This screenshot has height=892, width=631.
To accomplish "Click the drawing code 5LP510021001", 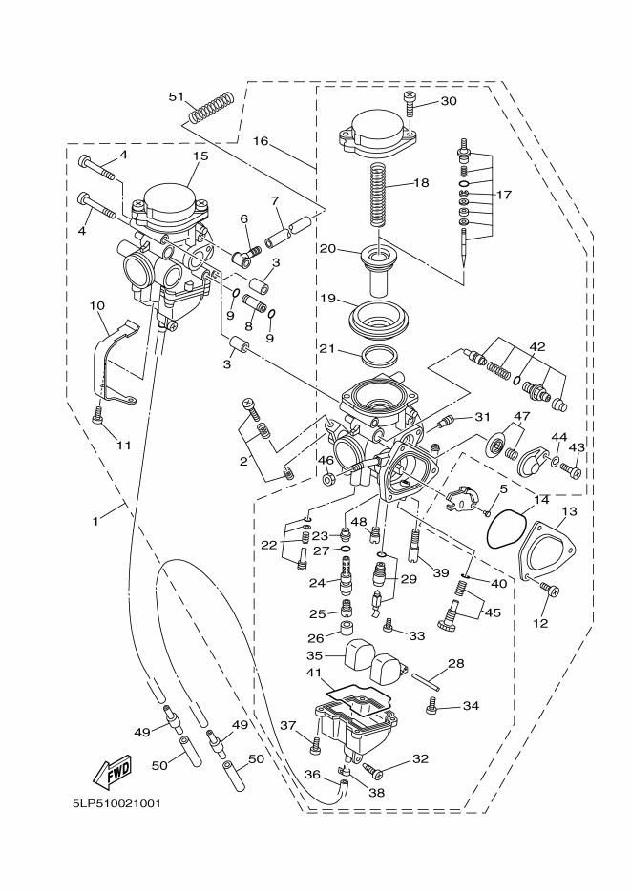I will [116, 802].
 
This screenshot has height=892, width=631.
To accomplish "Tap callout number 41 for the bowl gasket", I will [313, 672].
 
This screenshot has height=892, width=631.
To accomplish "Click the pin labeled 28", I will [427, 681].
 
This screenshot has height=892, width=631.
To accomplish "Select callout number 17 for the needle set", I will [504, 195].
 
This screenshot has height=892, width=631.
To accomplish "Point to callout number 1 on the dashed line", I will [95, 521].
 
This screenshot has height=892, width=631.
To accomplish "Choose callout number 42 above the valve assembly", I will [536, 346].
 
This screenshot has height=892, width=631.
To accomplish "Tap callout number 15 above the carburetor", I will [200, 156].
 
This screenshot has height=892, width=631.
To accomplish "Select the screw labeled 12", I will [547, 591].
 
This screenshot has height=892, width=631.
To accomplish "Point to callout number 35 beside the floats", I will [313, 655].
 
